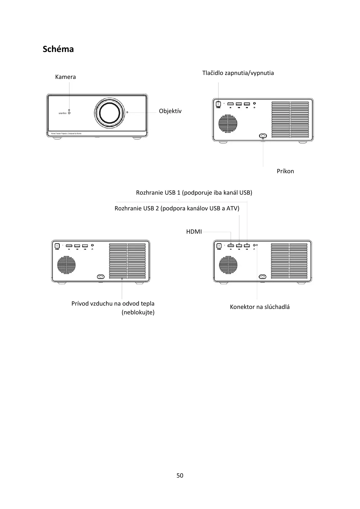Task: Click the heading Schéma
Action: coord(58,49)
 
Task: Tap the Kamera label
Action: coord(65,77)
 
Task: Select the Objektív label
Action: coord(170,111)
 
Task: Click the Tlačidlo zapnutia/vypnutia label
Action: coord(238,73)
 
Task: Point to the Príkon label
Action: coord(285,171)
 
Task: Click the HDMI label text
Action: coord(194,232)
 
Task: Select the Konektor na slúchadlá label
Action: coord(260,307)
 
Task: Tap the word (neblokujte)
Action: coord(138,312)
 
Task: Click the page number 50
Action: coord(180,475)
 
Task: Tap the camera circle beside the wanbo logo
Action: coord(69,113)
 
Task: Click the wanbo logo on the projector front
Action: coord(62,113)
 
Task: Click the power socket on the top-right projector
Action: coord(263,136)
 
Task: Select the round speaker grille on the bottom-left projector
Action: coord(66,265)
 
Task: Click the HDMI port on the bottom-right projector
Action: coord(231,245)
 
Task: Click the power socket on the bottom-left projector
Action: coord(100,277)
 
